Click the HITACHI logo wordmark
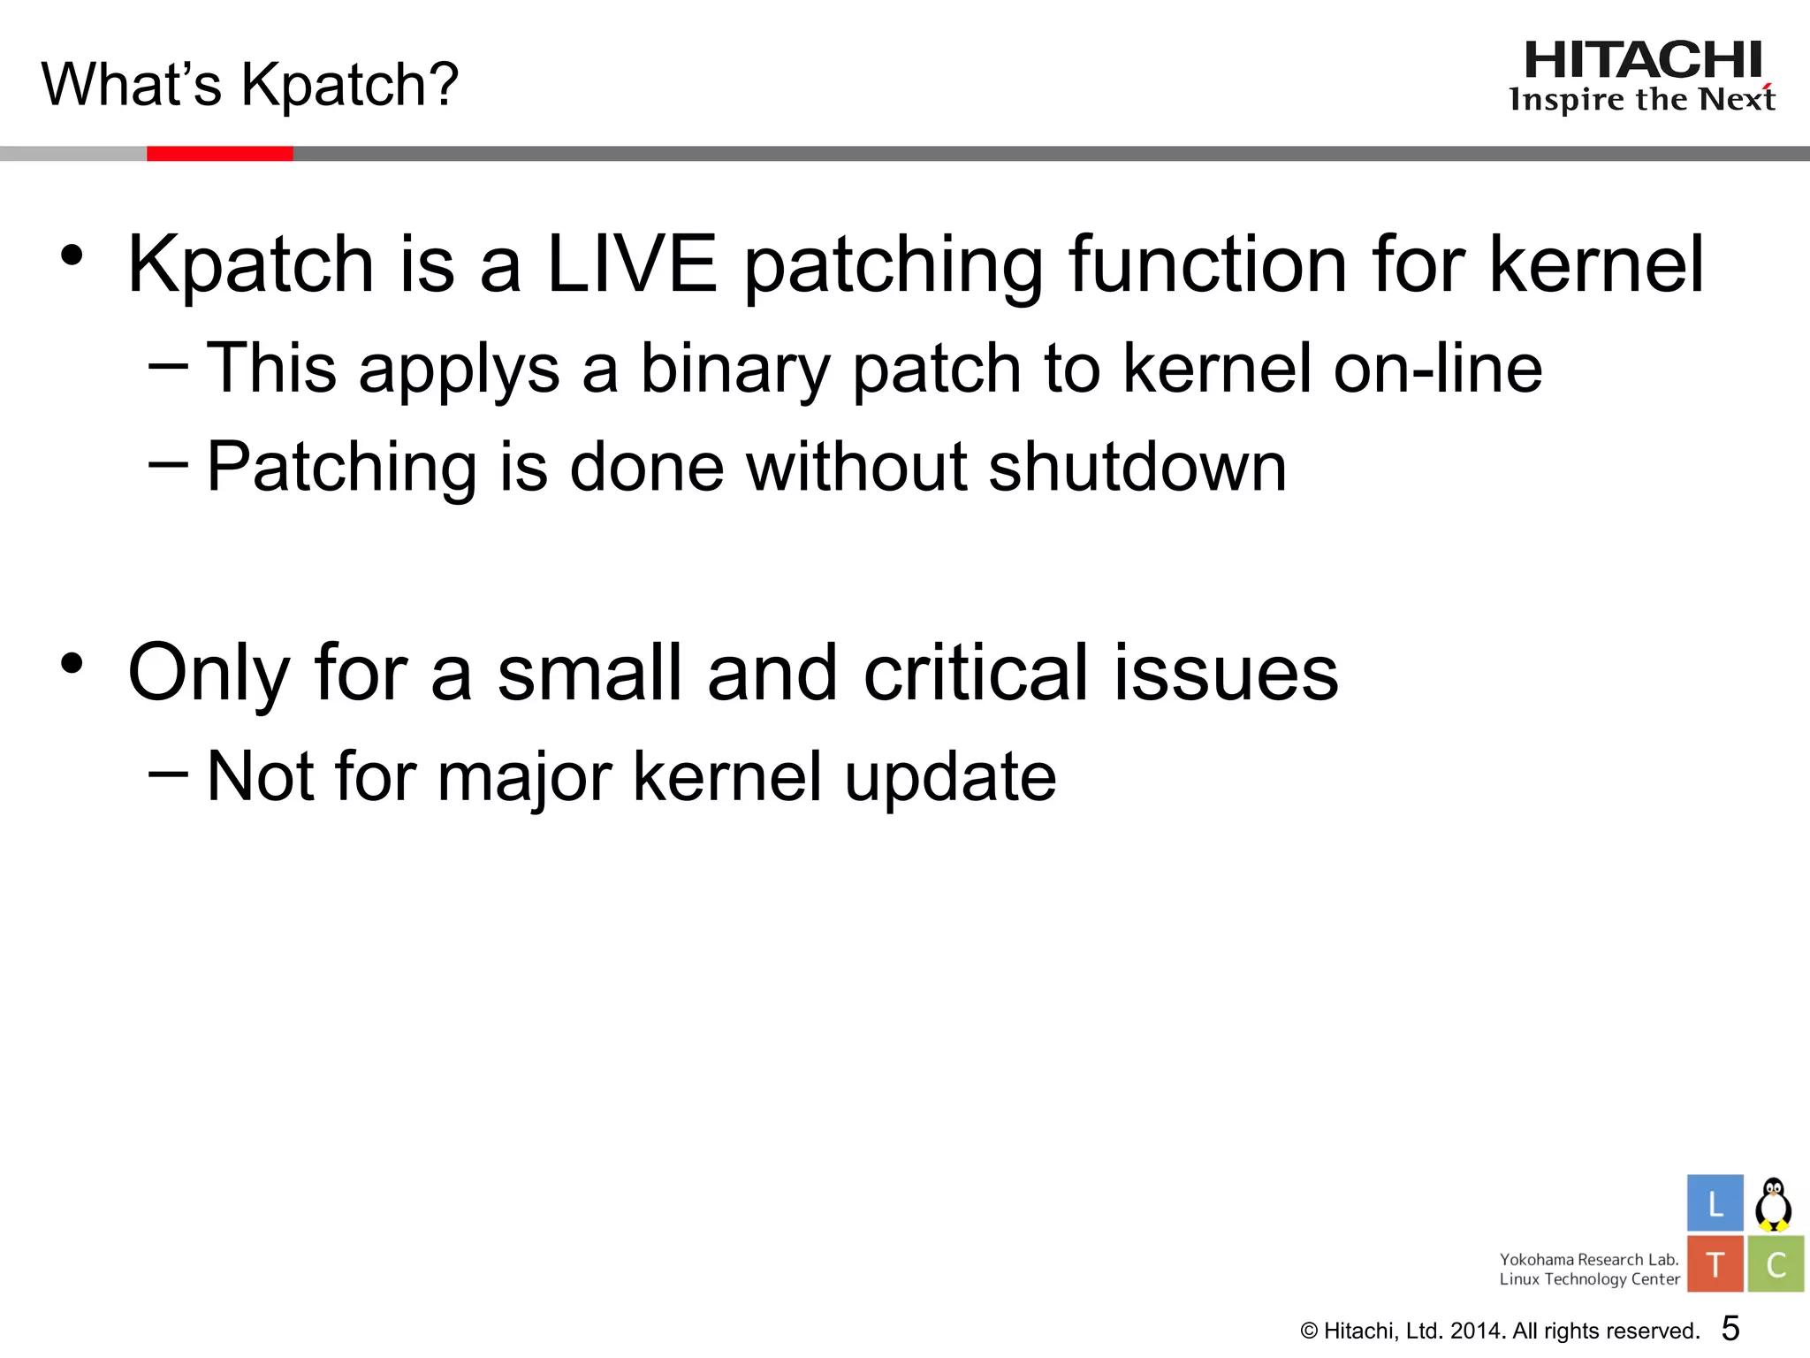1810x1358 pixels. pos(1643,61)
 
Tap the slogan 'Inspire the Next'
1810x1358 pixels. pos(1641,99)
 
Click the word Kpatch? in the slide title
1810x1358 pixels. pos(350,85)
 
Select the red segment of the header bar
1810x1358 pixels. pos(219,154)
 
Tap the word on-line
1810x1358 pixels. pos(1437,369)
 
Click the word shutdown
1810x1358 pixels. pos(1137,467)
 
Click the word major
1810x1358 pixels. pos(524,776)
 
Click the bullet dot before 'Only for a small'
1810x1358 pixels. pos(72,663)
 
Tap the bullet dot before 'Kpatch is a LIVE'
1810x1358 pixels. pos(72,256)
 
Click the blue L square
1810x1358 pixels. pos(1715,1203)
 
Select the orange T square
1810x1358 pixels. pos(1715,1264)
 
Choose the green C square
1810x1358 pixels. pos(1776,1264)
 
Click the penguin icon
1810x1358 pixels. pos(1773,1204)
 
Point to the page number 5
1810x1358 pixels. pos(1730,1329)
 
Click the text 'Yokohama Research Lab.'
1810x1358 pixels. pos(1588,1259)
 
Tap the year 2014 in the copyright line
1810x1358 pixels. pos(1477,1331)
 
